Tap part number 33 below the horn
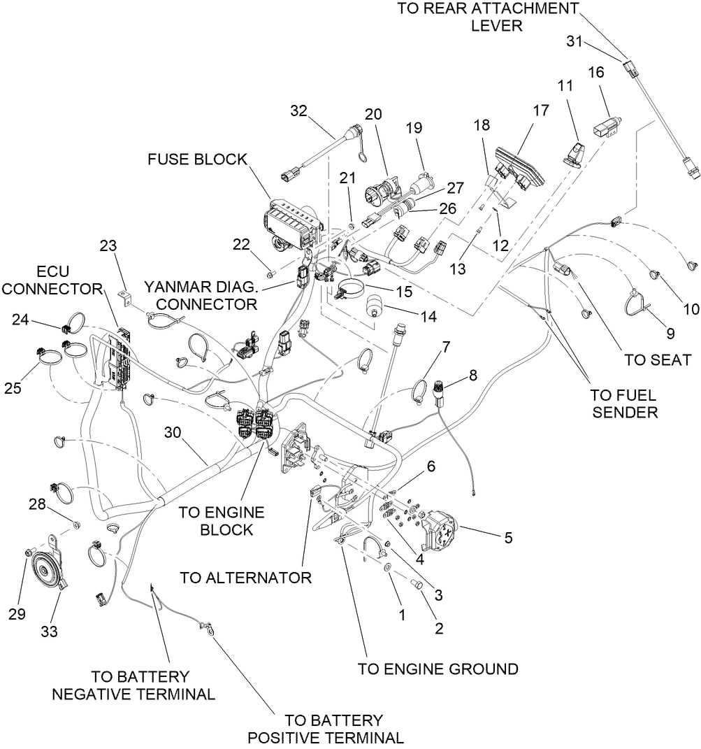pyautogui.click(x=48, y=631)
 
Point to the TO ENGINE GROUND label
pyautogui.click(x=438, y=669)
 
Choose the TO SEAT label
pyautogui.click(x=657, y=360)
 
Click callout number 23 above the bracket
pyautogui.click(x=108, y=246)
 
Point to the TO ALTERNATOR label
pyautogui.click(x=245, y=578)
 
